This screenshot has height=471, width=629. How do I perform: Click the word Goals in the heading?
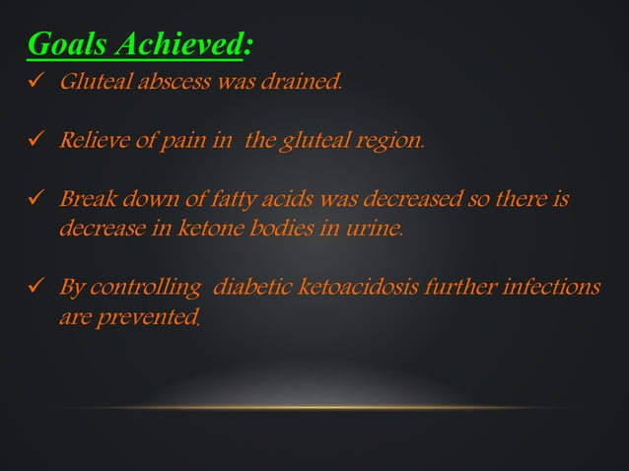click(69, 44)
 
